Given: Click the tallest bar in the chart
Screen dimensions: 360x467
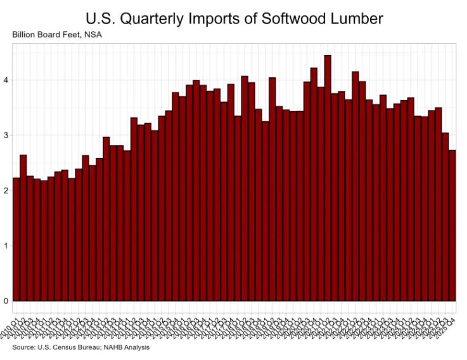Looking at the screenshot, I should point(328,177).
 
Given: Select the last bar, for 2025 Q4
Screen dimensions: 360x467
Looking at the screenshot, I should point(452,225).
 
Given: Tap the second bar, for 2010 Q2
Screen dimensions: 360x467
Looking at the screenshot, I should point(23,228).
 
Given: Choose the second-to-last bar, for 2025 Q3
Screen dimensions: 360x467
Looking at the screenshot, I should point(445,216).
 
